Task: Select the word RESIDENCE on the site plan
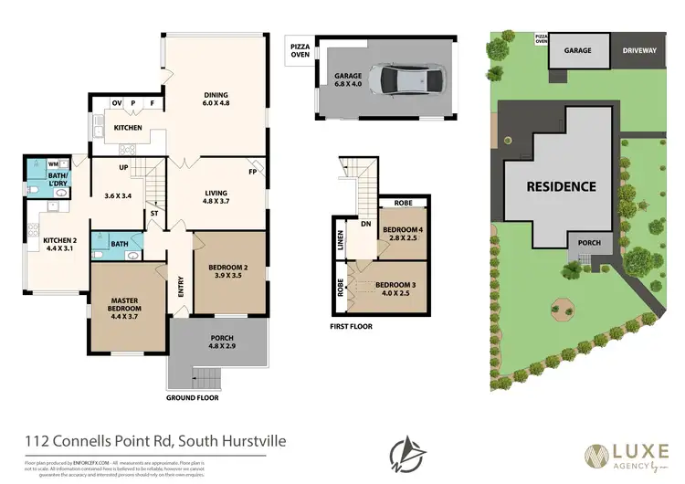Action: [x=561, y=186]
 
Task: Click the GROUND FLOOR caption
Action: [x=192, y=398]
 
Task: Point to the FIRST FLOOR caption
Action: [x=351, y=326]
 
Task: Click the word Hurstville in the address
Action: [x=248, y=441]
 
